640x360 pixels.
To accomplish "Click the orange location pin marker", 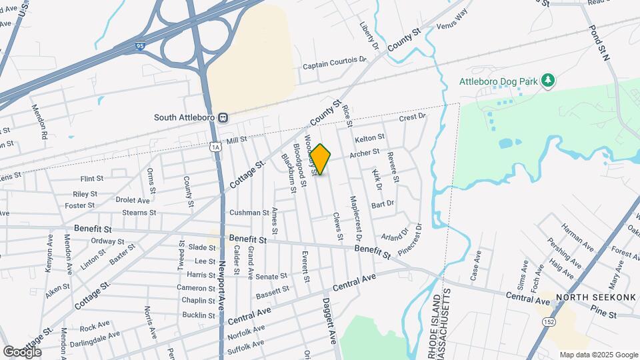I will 321,159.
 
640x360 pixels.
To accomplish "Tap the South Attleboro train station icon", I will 223,117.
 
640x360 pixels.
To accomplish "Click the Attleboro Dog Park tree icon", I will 548,81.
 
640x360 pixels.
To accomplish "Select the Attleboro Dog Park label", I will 498,81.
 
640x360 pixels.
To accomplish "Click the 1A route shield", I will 215,146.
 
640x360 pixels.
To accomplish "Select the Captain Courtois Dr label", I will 335,65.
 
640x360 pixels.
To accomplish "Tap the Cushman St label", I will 249,213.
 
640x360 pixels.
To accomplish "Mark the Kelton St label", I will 370,139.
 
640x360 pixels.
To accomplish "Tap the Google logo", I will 22,351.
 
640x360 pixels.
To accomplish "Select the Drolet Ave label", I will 133,199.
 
